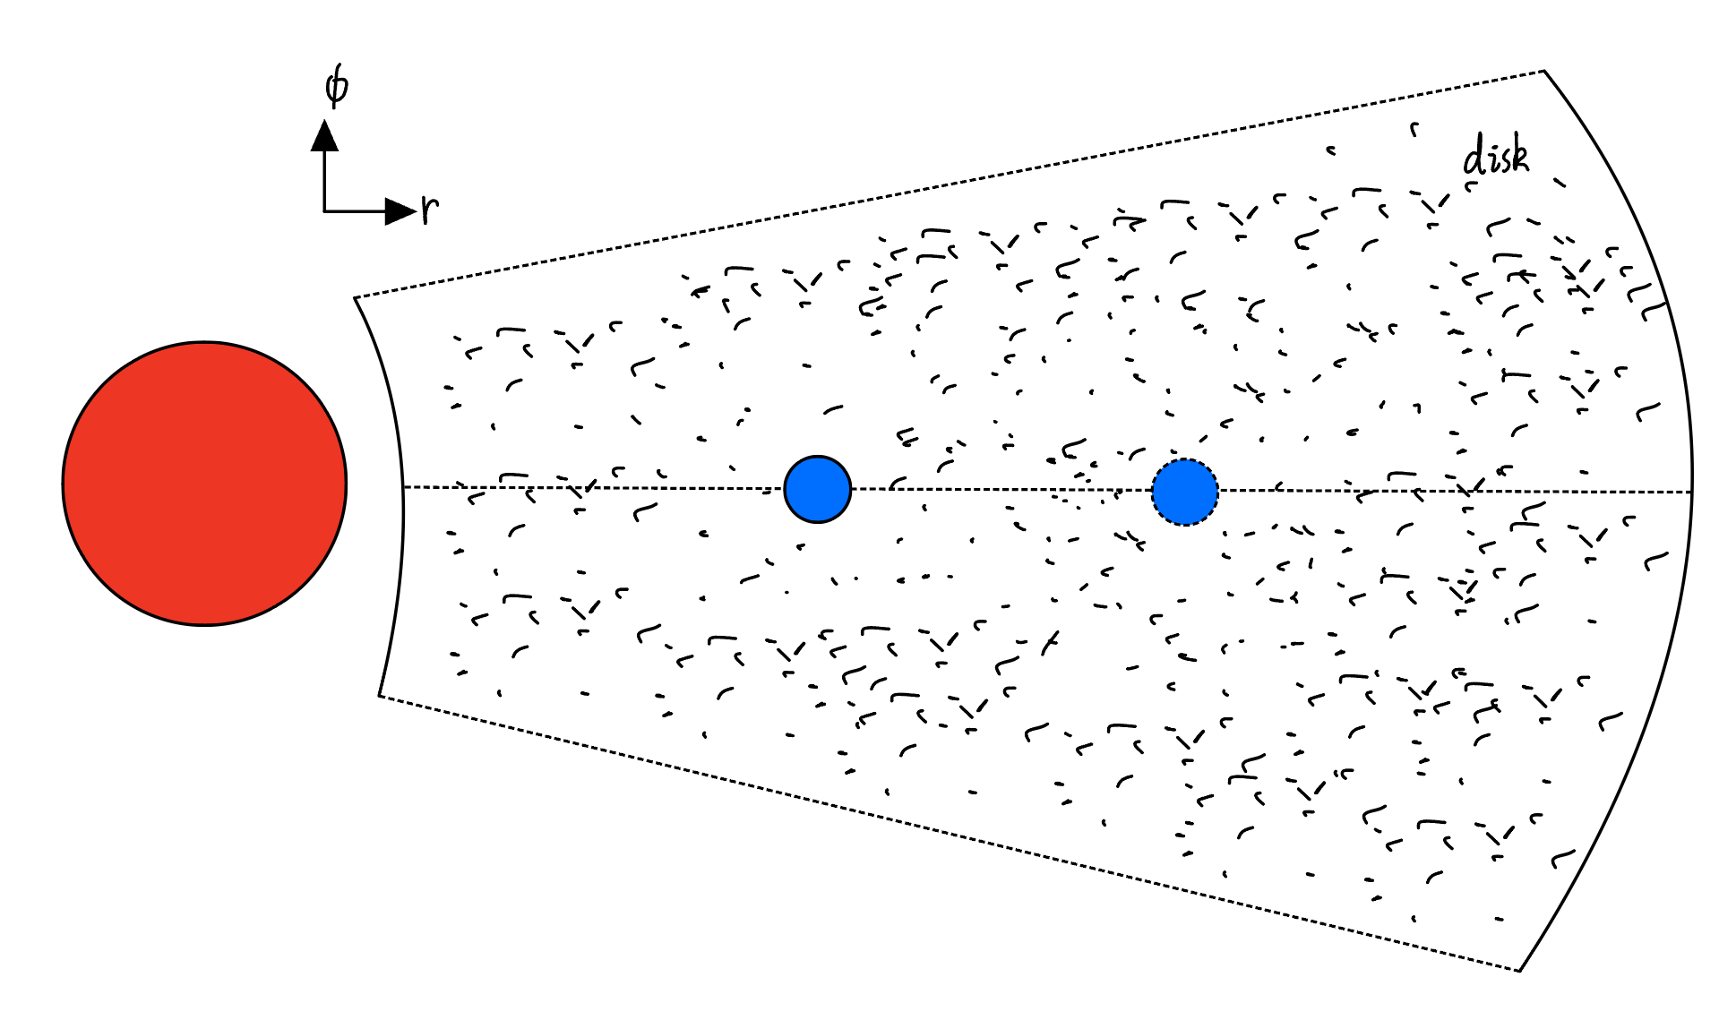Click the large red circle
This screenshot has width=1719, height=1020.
tap(204, 484)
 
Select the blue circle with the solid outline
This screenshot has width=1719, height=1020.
tap(817, 489)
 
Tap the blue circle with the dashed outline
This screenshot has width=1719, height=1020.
tap(1184, 492)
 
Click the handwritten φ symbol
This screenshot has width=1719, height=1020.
tap(336, 87)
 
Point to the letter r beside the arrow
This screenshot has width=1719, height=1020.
tap(430, 209)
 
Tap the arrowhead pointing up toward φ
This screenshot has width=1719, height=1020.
tap(324, 135)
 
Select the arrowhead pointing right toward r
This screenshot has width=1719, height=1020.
tap(400, 211)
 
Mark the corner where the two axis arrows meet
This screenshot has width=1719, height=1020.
tap(324, 211)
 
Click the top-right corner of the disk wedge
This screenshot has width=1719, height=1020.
tap(1544, 71)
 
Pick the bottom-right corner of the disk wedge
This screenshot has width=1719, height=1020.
tap(1520, 971)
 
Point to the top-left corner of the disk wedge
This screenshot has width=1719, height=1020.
tap(355, 297)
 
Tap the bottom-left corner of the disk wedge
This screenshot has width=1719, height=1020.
tap(379, 695)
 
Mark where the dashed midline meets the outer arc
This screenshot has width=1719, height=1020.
tap(1692, 492)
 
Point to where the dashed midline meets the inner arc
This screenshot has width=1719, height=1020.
tap(403, 487)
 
